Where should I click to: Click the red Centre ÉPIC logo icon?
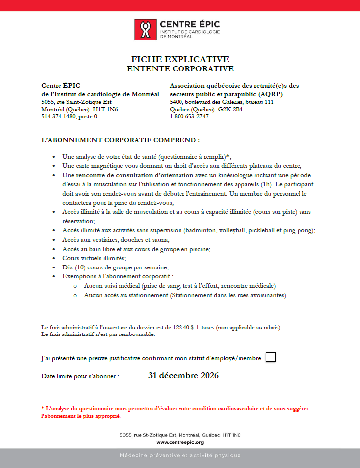(144, 29)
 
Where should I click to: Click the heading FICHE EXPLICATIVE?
(180, 59)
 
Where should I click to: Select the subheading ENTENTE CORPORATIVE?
(180, 69)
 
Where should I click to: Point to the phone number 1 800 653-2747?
(189, 116)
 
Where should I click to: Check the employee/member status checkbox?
(271, 357)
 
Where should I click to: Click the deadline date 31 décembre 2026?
(183, 375)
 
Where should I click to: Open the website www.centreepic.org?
(180, 442)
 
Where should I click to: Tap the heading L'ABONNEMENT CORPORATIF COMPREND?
(120, 140)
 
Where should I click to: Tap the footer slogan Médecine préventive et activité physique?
(180, 455)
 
